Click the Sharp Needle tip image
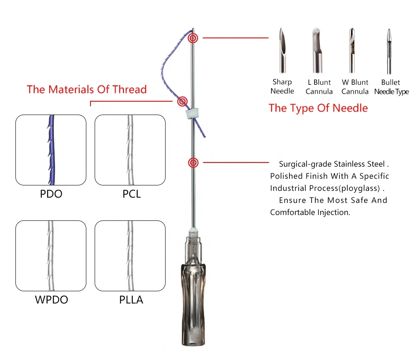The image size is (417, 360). [282, 50]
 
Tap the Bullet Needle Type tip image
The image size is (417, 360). [389, 50]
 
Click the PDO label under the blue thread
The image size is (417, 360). [50, 194]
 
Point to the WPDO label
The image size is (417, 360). [50, 300]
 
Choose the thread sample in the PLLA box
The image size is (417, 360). [130, 255]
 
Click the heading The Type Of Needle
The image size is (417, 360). [318, 108]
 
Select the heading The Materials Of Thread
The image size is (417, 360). [87, 90]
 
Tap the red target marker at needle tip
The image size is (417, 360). [193, 38]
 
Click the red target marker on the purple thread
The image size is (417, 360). [182, 101]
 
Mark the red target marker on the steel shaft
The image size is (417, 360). [193, 163]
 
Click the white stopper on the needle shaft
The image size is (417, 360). [190, 113]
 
